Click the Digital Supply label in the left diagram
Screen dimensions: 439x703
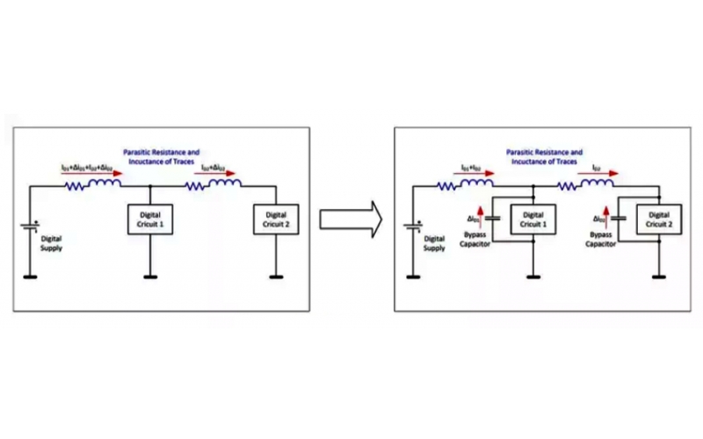coord(54,243)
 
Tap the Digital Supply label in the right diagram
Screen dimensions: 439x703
coord(434,243)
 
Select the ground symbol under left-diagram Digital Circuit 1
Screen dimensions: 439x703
coord(150,277)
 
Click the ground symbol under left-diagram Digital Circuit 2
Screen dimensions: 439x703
coord(276,277)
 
